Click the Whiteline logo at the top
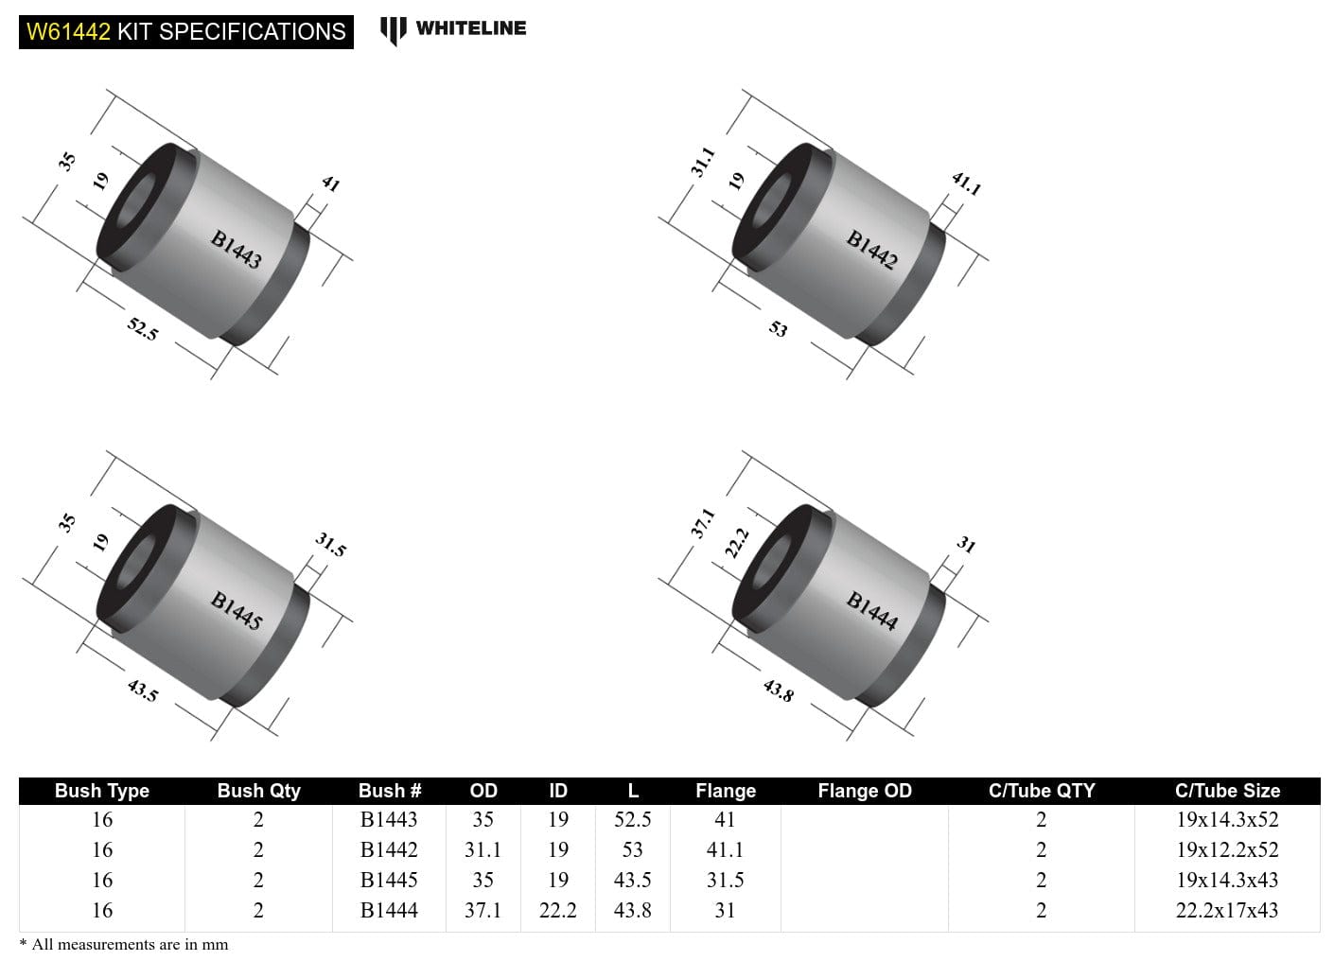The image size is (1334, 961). [x=453, y=29]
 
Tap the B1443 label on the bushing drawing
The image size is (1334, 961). [x=236, y=250]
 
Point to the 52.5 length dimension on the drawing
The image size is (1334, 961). [x=143, y=329]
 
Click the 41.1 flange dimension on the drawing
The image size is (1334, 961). [x=966, y=183]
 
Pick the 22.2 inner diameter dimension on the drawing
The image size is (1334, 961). [x=736, y=542]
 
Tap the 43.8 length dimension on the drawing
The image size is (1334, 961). [x=779, y=690]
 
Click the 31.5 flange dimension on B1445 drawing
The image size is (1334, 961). [x=330, y=544]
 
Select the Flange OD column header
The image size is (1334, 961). [x=864, y=791]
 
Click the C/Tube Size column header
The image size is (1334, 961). [x=1227, y=791]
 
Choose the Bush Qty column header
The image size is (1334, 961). [x=258, y=791]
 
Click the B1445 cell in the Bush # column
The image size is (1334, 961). [x=389, y=880]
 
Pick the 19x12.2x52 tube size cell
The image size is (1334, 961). [x=1227, y=849]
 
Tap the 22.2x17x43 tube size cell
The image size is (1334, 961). [x=1227, y=910]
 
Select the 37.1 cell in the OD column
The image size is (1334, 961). [x=483, y=910]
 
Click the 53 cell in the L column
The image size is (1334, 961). [x=632, y=849]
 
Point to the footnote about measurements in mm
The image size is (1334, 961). [x=124, y=944]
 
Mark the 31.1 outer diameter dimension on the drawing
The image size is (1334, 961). [x=702, y=162]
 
